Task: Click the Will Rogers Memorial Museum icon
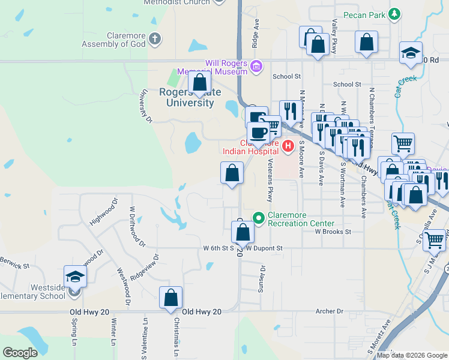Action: pyautogui.click(x=256, y=65)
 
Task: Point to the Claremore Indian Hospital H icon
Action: pyautogui.click(x=288, y=145)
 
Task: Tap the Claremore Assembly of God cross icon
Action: pyautogui.click(x=155, y=40)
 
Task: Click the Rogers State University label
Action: pyautogui.click(x=187, y=97)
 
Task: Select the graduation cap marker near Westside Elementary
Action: pyautogui.click(x=76, y=276)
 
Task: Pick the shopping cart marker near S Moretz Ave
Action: pyautogui.click(x=435, y=239)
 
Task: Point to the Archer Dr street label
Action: pyautogui.click(x=331, y=311)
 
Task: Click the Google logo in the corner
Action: pyautogui.click(x=20, y=353)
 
